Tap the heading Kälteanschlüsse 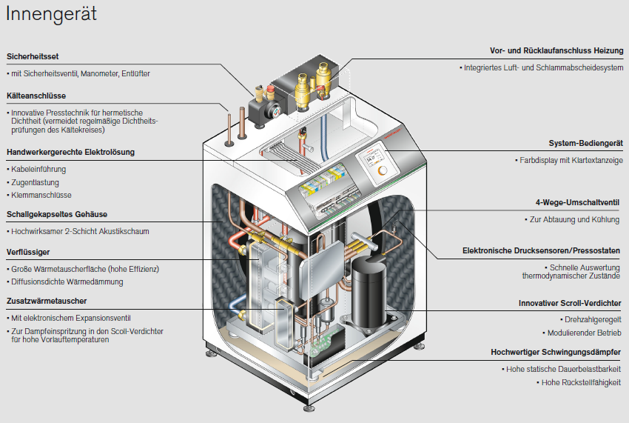point(36,96)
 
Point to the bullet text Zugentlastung point(35,182)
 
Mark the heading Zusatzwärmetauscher point(47,301)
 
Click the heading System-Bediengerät point(585,143)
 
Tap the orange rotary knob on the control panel point(382,170)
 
